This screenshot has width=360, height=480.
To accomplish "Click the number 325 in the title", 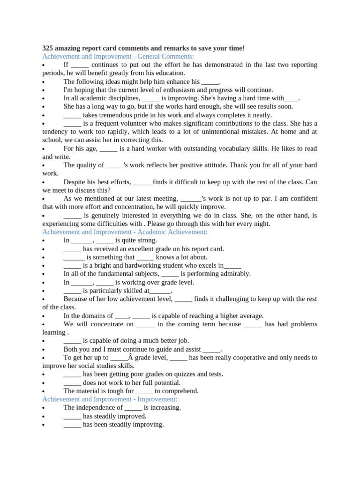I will click(x=48, y=48).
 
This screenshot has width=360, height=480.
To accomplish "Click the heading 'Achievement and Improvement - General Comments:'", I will click(x=118, y=56).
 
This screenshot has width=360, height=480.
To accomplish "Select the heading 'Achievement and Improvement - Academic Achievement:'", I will click(x=125, y=232).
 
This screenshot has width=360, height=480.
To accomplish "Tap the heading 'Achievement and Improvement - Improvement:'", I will click(x=110, y=399).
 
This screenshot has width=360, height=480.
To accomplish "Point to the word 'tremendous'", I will click(x=118, y=115).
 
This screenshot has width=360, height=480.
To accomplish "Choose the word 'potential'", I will click(x=165, y=382).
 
